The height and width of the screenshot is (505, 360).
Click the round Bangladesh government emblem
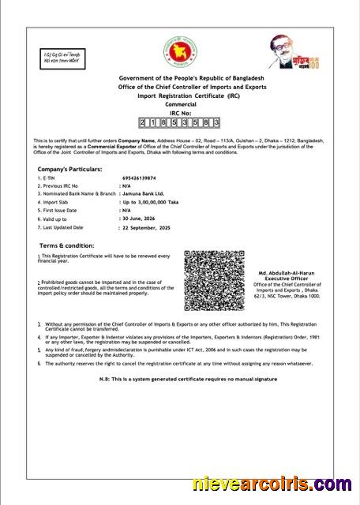[x=178, y=52]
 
